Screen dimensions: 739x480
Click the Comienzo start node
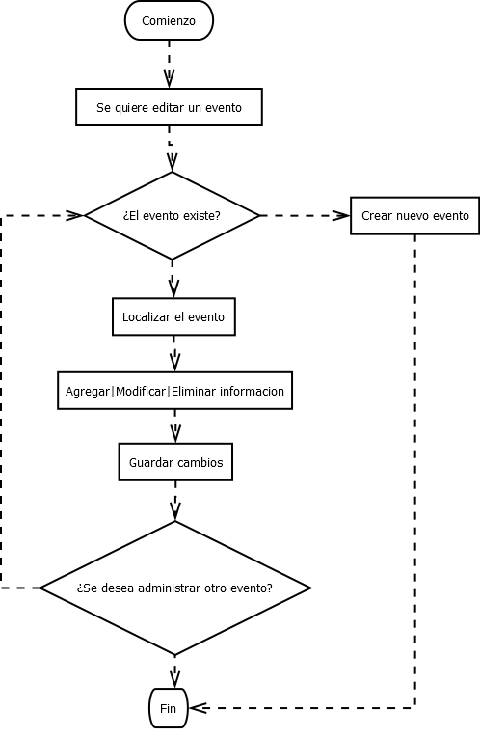point(169,21)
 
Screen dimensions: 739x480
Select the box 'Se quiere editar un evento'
point(169,108)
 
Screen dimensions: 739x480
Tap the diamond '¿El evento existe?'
point(172,215)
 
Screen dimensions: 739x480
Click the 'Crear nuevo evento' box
point(414,215)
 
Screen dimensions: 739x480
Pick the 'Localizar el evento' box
point(173,316)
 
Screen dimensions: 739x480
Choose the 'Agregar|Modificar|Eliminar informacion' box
point(174,391)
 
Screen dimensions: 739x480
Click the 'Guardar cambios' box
point(175,462)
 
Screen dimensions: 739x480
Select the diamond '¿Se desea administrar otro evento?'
point(174,587)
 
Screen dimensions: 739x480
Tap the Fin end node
point(169,708)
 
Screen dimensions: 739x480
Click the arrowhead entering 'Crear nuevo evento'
point(342,215)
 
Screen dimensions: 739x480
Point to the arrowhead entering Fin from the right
point(198,708)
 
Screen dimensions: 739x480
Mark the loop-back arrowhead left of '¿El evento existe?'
point(75,215)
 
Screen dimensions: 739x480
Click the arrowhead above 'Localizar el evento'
point(173,287)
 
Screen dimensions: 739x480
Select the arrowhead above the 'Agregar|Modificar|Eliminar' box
point(174,362)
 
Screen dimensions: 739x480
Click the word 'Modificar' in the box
point(141,392)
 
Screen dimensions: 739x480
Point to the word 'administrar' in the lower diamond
point(172,588)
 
